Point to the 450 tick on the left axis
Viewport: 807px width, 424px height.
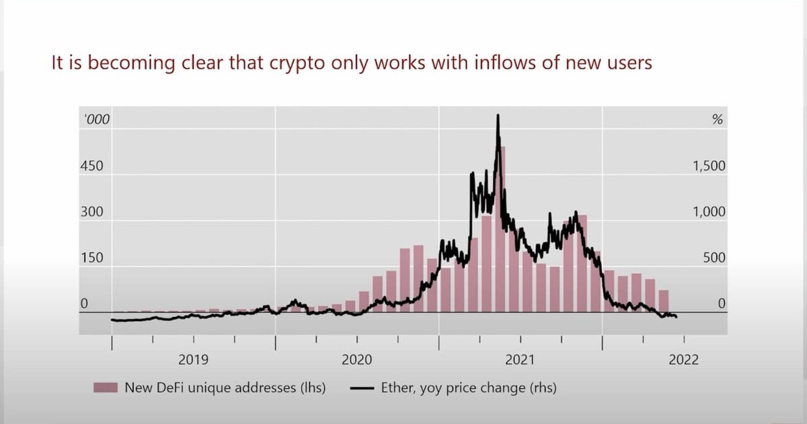[91, 166]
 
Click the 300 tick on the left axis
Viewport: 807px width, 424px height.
[91, 212]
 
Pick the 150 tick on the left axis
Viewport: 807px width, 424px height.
[91, 258]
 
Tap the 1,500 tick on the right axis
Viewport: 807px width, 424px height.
[709, 166]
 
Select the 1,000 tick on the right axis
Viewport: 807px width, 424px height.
[709, 212]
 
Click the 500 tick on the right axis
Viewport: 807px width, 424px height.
[714, 258]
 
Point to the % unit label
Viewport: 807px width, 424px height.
[717, 120]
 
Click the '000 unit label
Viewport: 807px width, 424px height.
[97, 120]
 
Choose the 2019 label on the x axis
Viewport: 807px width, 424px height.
[193, 360]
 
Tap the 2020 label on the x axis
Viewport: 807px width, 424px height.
[356, 360]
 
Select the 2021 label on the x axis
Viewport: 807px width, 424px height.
[520, 360]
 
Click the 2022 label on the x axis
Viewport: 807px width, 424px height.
[683, 360]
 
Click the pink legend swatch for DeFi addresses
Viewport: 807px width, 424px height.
[106, 388]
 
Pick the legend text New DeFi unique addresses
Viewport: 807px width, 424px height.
[225, 388]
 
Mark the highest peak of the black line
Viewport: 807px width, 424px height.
[498, 116]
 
